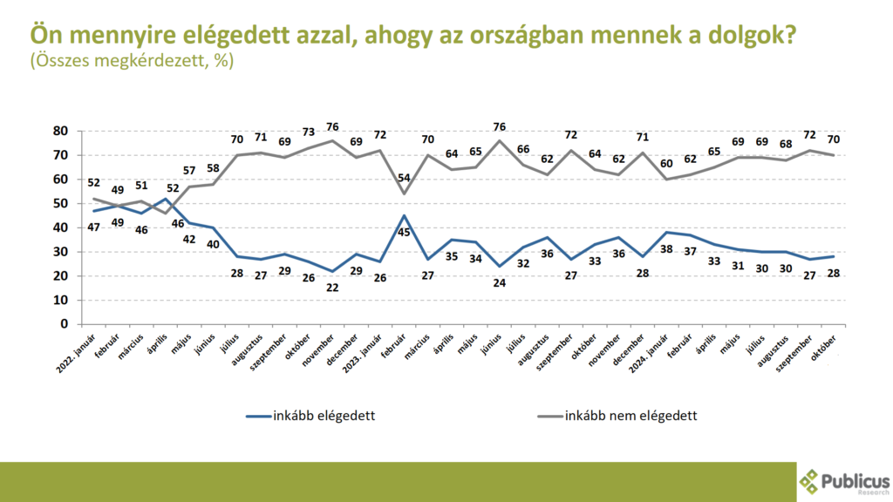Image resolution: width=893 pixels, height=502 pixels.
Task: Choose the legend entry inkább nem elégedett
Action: pos(632,415)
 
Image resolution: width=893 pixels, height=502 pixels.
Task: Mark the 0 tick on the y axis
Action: pos(64,324)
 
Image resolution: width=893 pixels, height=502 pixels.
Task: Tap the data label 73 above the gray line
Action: pos(308,132)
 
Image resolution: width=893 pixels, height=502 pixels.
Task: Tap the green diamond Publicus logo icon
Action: pos(811,481)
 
